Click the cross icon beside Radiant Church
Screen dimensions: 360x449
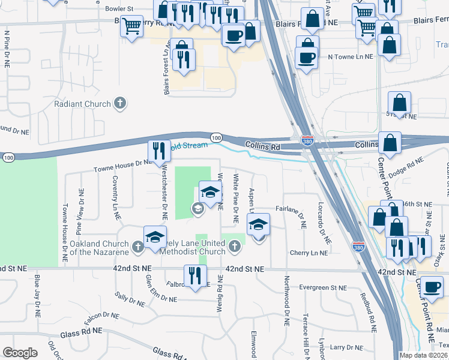120,103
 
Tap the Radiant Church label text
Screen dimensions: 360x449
82,104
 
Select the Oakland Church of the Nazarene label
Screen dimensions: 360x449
98,248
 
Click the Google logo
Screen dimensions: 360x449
20,353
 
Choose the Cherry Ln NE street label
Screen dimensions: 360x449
309,253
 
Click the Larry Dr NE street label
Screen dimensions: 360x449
345,347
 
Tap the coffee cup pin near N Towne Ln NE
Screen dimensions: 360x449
307,58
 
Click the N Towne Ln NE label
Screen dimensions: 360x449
351,56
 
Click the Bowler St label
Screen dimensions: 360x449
118,9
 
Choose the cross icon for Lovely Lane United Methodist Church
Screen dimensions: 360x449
235,245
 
